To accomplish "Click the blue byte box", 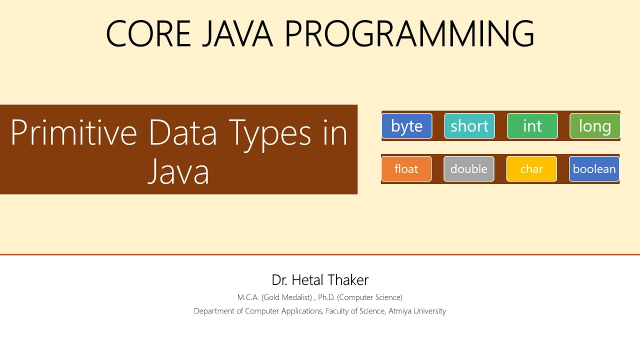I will tap(406, 126).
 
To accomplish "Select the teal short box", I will tap(469, 126).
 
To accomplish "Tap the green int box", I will tap(532, 126).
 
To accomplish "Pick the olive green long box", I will tap(595, 126).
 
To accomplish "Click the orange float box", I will tap(406, 169).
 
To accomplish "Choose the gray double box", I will tap(468, 169).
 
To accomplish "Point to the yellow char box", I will tap(531, 169).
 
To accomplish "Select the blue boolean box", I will tap(594, 169).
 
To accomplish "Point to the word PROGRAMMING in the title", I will tap(409, 34).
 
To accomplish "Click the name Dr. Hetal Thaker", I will tap(320, 279).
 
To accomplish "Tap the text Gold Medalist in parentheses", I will tap(286, 297).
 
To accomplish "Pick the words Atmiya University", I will tap(417, 311).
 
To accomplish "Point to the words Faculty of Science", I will tap(355, 311).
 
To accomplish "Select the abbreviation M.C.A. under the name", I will tap(248, 297).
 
